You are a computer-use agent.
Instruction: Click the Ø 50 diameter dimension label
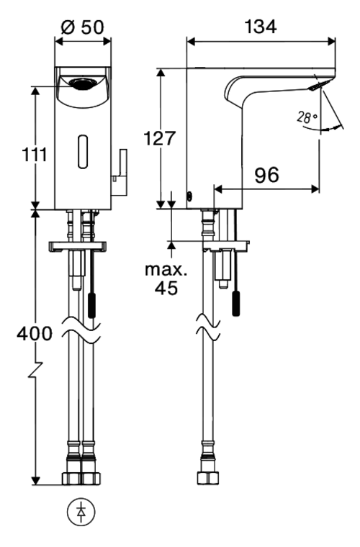(82, 27)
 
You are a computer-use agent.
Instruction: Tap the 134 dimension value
(261, 27)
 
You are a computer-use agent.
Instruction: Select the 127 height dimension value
(159, 138)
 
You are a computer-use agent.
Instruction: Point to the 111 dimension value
(34, 154)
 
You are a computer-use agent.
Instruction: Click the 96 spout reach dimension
(266, 175)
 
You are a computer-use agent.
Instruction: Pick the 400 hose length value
(35, 334)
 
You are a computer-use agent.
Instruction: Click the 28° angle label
(307, 117)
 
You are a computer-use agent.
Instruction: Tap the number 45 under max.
(166, 288)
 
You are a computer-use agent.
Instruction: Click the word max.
(166, 270)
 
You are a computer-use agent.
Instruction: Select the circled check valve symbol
(81, 512)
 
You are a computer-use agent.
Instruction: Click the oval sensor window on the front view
(83, 152)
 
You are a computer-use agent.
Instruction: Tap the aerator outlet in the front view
(82, 83)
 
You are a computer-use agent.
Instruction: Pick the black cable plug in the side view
(236, 304)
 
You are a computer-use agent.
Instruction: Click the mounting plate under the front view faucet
(78, 247)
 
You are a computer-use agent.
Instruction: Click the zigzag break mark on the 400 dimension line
(35, 371)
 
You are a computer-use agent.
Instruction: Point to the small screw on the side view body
(190, 196)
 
